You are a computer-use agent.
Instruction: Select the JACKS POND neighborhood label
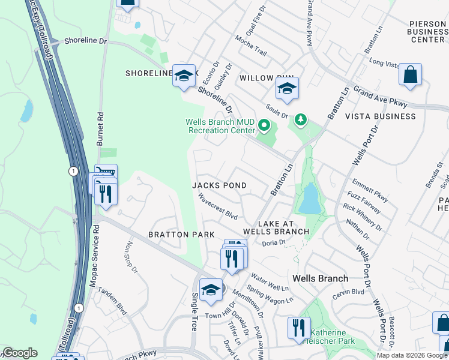pos(219,185)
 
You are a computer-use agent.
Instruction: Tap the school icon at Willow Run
pos(287,89)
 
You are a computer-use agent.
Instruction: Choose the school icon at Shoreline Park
pos(184,76)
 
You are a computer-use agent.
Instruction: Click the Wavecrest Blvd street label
pos(218,208)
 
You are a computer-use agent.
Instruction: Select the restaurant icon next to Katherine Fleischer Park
pos(298,328)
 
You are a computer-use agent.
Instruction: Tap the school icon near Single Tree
pos(211,290)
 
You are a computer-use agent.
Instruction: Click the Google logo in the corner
pos(20,353)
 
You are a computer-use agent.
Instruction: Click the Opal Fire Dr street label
pos(259,19)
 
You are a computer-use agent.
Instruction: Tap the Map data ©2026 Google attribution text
pos(412,355)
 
